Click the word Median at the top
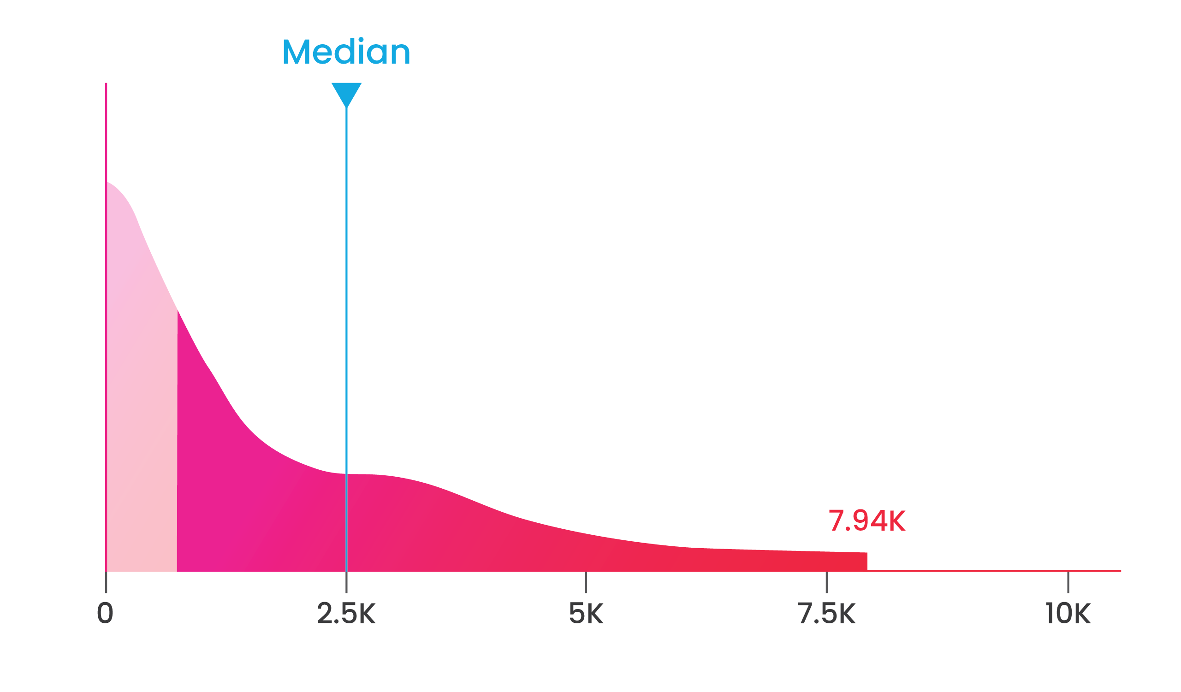pos(346,52)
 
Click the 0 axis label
pos(105,613)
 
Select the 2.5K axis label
pos(346,613)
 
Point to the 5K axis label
pos(586,613)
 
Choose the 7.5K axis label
pos(827,613)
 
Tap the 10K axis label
pos(1068,613)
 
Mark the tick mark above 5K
pos(586,582)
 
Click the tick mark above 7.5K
pos(827,582)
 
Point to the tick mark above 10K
pos(1068,582)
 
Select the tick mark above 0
pos(106,583)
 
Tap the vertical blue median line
pos(346,281)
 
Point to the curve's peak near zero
pos(109,183)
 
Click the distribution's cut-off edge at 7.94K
pos(867,562)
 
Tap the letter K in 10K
pos(1083,613)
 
